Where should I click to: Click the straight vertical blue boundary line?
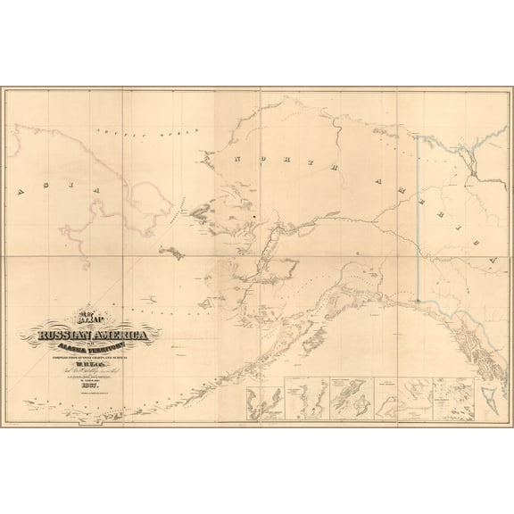[419, 223]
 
